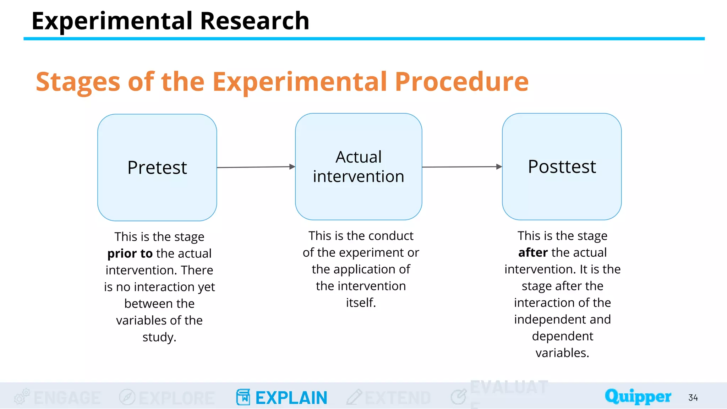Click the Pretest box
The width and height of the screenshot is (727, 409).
157,167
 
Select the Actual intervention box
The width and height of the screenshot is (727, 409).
359,167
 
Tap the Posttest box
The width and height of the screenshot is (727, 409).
562,167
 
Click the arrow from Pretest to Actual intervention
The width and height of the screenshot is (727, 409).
256,167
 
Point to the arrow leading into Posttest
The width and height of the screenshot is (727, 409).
461,167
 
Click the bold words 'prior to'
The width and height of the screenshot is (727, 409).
130,253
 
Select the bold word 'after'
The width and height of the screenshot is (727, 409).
533,252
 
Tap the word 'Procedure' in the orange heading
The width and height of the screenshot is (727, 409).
461,82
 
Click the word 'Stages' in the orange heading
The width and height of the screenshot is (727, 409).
78,82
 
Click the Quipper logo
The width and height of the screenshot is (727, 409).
638,396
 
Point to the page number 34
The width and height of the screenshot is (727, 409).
693,398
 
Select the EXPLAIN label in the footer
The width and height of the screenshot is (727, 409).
291,398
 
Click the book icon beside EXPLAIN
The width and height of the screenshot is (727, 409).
243,397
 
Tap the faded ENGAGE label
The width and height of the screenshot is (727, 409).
67,398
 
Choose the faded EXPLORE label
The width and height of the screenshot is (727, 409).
176,398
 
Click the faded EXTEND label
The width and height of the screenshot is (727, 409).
398,398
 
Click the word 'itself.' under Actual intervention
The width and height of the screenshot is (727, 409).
361,302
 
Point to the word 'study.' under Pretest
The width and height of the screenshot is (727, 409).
159,337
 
